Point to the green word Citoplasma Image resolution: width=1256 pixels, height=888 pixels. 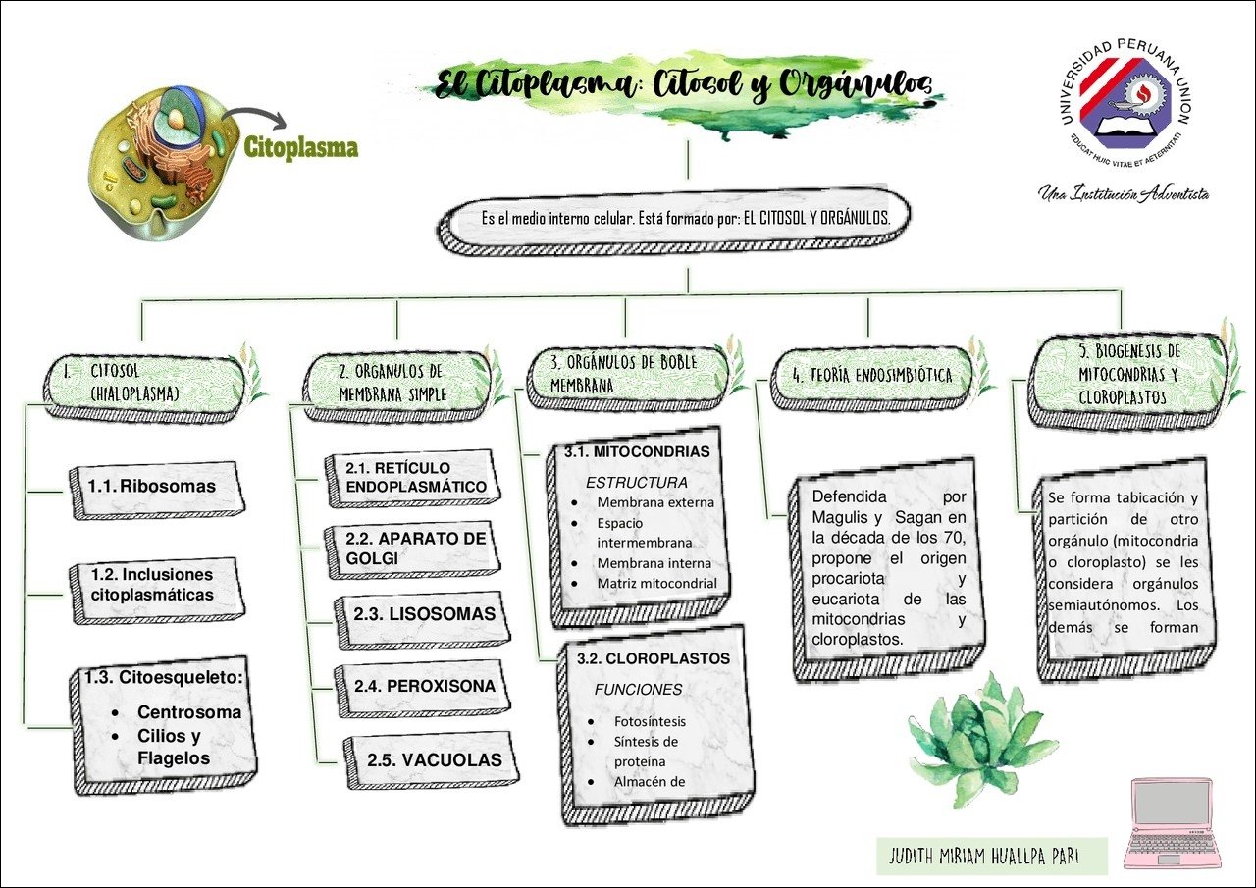[301, 148]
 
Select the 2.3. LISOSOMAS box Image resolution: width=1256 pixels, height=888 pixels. [424, 614]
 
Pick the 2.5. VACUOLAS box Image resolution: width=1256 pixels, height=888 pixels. [434, 759]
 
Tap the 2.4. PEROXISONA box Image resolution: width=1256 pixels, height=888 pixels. [426, 686]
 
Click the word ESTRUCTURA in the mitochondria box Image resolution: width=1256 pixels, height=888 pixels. [637, 483]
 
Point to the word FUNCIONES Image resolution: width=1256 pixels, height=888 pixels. [638, 690]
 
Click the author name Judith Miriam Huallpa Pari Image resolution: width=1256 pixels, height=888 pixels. [991, 856]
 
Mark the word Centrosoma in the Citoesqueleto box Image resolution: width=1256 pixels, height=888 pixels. [188, 712]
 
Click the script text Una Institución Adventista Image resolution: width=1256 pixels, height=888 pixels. [1124, 193]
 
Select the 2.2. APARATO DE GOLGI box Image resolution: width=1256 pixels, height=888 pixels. [415, 548]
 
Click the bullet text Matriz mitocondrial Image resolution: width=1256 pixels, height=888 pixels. [656, 584]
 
